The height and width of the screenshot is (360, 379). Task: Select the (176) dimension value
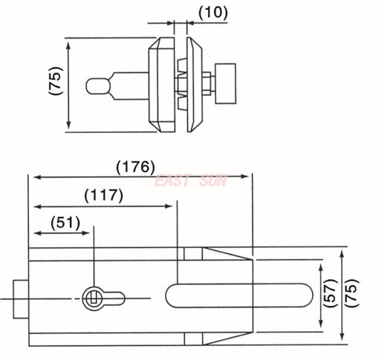[x=135, y=166]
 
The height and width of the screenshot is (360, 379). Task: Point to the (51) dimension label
[x=65, y=222]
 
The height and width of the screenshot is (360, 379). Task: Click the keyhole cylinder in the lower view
[x=94, y=297]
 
